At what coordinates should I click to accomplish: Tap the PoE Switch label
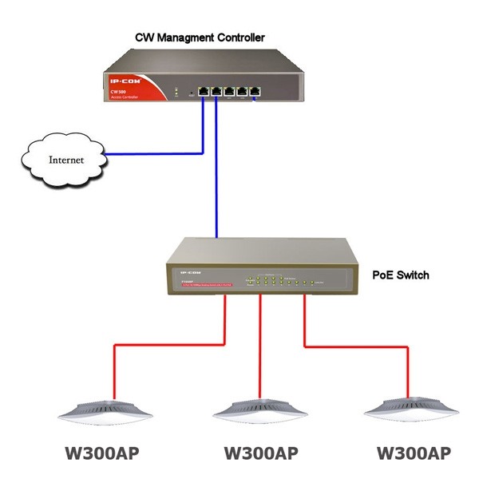[x=401, y=275]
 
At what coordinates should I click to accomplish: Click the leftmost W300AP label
[x=102, y=453]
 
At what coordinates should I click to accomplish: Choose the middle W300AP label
[x=257, y=453]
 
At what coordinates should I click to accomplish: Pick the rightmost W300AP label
[x=412, y=453]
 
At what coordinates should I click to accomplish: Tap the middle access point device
[x=257, y=410]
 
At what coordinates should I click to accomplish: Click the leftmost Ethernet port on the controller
[x=204, y=89]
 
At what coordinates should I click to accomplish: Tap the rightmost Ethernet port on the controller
[x=255, y=89]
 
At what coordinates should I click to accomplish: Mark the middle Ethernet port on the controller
[x=230, y=89]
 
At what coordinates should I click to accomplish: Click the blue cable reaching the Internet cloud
[x=152, y=152]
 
